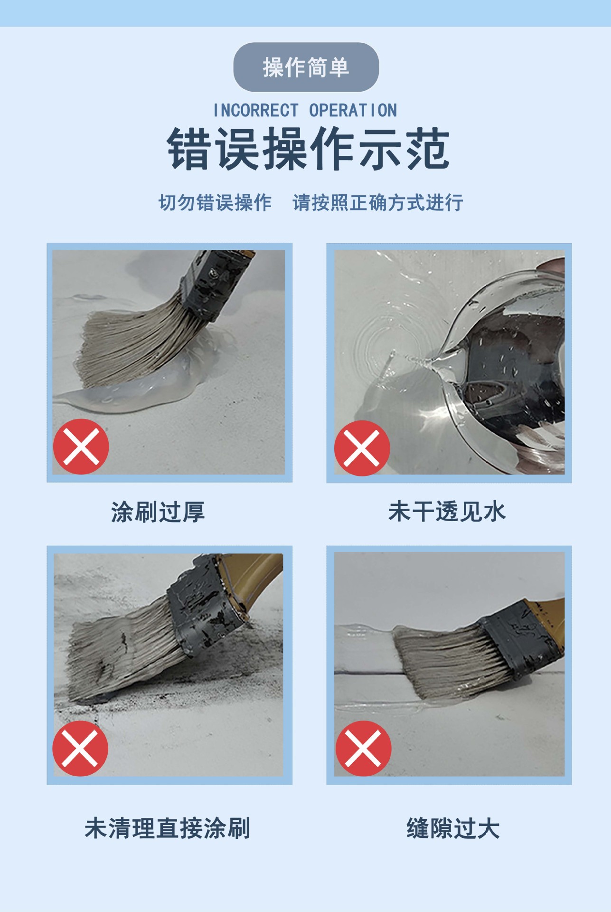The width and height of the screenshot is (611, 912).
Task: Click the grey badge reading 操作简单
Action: tap(306, 67)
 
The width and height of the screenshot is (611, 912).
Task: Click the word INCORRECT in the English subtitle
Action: tap(256, 110)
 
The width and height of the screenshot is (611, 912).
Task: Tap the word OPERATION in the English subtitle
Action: tap(353, 110)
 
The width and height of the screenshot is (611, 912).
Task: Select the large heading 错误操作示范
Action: tap(308, 149)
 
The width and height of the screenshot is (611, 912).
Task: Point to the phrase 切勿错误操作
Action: tap(215, 202)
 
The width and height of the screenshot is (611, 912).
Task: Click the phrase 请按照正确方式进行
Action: tap(378, 202)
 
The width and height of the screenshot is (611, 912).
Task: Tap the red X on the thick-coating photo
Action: tap(81, 446)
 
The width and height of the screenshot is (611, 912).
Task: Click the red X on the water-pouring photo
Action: tap(362, 448)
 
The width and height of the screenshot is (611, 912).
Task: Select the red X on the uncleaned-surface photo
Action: tap(80, 749)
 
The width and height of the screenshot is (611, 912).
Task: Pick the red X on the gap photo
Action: tap(363, 749)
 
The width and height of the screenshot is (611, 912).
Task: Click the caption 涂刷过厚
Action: tap(158, 512)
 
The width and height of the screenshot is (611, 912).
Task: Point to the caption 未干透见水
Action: tap(447, 512)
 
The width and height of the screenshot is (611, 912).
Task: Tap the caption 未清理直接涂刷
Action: tap(168, 828)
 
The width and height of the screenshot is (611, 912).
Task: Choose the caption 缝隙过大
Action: tap(453, 828)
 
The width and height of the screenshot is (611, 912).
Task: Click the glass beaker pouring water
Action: tap(503, 375)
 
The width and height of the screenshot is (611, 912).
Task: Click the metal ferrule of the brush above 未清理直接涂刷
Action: tap(204, 603)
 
